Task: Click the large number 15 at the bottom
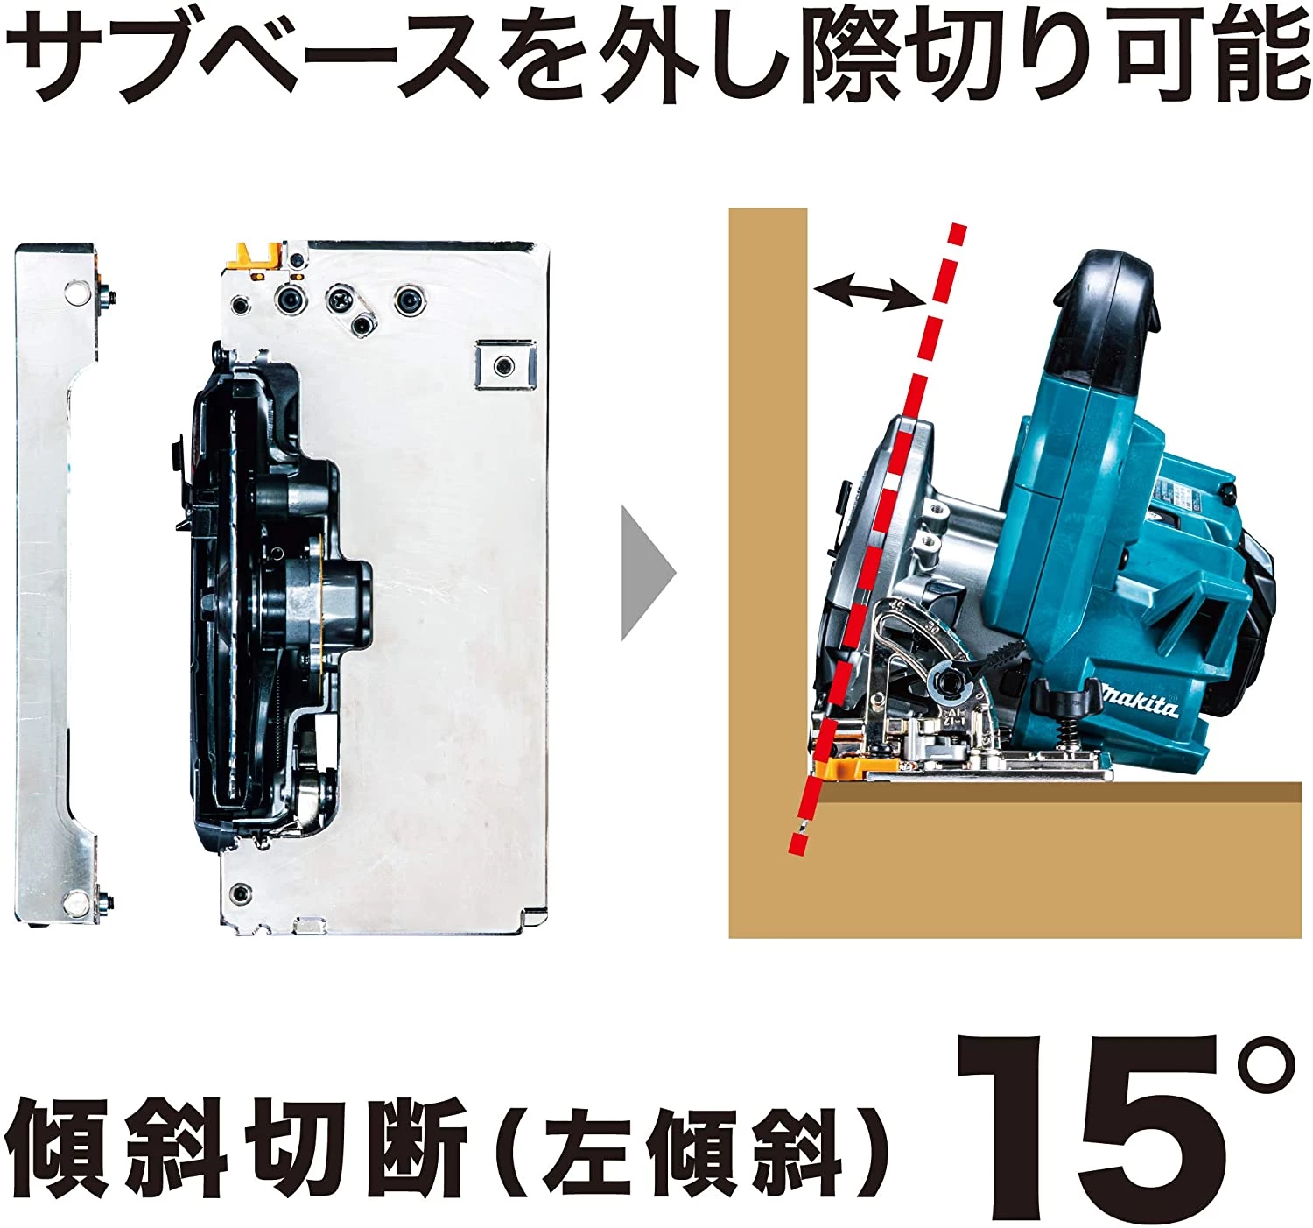tap(1085, 1130)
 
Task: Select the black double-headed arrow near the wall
tap(867, 292)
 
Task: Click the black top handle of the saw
tap(1107, 315)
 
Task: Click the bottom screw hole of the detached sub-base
tap(77, 900)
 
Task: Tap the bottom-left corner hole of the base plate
tap(236, 894)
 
